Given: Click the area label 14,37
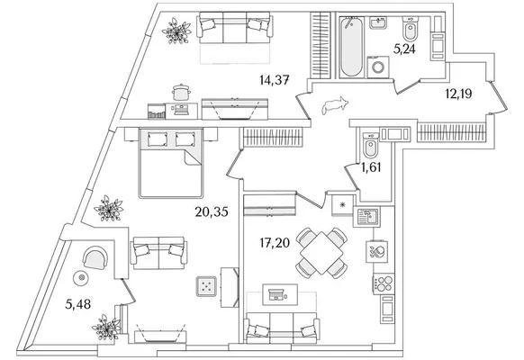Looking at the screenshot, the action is [274, 80].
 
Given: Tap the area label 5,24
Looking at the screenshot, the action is [404, 49].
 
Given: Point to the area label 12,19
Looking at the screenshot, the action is [458, 94].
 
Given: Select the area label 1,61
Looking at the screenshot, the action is [371, 167].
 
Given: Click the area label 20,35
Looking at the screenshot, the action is [212, 211].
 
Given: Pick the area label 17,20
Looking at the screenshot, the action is [275, 243].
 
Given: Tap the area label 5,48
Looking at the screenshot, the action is [77, 304].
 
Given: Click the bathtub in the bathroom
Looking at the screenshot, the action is [351, 47].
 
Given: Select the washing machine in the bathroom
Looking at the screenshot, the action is [378, 67].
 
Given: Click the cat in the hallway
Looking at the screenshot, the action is [334, 106].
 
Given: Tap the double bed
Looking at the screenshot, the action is [170, 163].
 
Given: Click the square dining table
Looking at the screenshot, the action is [321, 253].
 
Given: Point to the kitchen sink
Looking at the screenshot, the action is [366, 217].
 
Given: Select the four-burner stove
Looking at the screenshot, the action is [384, 283].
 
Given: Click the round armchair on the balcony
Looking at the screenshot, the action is [95, 257].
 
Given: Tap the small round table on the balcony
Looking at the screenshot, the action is [81, 277].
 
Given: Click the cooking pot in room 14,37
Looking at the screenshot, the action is [181, 92].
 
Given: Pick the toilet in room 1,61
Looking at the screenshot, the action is [371, 146].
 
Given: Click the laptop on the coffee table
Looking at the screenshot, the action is [276, 294].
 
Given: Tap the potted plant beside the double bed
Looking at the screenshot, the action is [109, 209].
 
